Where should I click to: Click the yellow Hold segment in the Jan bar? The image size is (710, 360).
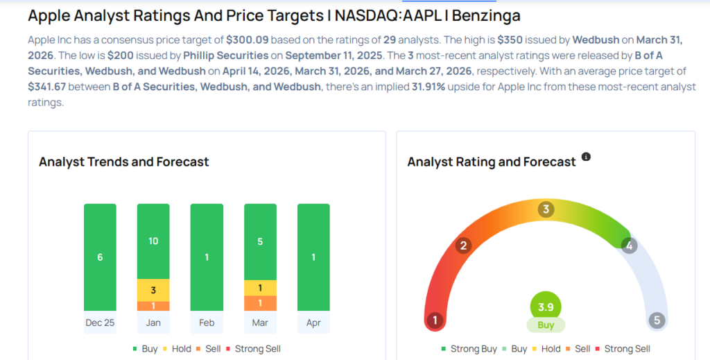(153, 289)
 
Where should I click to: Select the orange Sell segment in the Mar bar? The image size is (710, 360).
(260, 303)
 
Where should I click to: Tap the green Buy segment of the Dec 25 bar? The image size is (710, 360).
(100, 257)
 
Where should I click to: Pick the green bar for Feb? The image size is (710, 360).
(207, 257)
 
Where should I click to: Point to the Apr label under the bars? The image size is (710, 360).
(313, 323)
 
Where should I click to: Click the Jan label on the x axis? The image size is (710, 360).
(153, 323)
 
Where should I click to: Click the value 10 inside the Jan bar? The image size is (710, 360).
(153, 241)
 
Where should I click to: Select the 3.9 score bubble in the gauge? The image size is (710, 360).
(546, 307)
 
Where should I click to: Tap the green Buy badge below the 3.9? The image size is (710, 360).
(546, 325)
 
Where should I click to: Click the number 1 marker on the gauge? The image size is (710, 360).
(435, 320)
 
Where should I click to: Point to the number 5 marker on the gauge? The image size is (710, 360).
(656, 320)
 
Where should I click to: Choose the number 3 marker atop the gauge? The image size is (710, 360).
(546, 209)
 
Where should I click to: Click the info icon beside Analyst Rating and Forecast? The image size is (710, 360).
(586, 157)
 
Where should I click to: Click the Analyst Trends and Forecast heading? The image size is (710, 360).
(123, 162)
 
